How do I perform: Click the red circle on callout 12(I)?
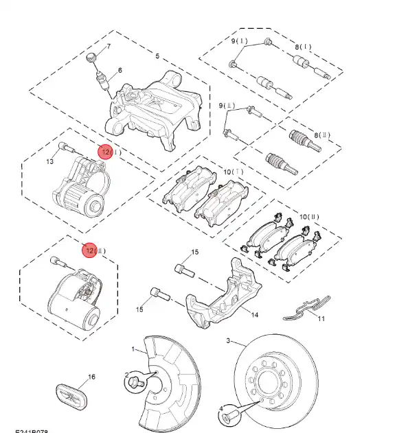pos(104,152)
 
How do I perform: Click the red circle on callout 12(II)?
pos(89,250)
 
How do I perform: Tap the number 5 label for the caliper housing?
pos(157,56)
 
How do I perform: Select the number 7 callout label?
pos(108,47)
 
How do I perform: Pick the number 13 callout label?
pos(50,162)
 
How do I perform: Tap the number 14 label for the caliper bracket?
pos(254,315)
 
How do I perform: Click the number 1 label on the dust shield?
pos(135,350)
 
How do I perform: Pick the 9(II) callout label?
pos(227,105)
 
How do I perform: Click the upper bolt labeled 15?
pos(183,268)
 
